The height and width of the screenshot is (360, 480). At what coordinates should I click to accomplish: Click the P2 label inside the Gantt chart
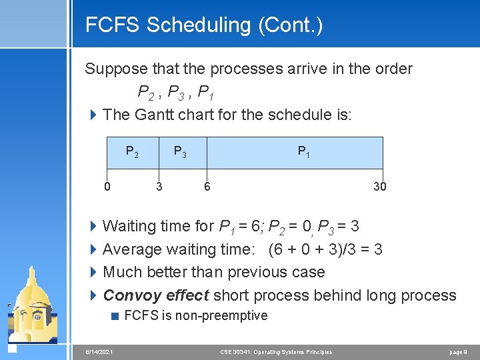[x=132, y=152]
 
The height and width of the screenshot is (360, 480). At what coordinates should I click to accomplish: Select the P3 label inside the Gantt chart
[x=180, y=152]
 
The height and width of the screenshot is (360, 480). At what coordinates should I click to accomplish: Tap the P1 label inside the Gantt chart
[x=303, y=152]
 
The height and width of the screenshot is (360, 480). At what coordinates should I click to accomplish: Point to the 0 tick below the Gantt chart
[x=107, y=187]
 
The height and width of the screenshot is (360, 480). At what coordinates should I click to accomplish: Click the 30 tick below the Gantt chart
[x=379, y=187]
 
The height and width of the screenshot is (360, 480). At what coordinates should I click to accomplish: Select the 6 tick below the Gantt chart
[x=207, y=187]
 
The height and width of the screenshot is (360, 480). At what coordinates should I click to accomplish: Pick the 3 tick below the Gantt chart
[x=159, y=187]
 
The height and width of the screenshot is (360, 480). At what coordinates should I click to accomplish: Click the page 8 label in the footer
[x=458, y=351]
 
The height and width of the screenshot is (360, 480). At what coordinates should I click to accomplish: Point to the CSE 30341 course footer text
[x=276, y=351]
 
